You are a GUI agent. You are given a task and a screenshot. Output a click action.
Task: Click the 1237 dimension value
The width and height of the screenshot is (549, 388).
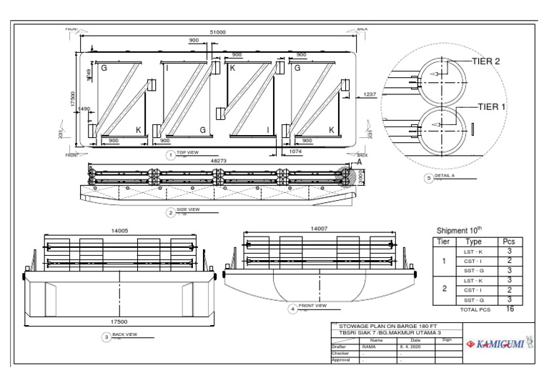pos(370,94)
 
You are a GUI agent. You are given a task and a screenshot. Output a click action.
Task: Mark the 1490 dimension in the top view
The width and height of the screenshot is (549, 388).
pos(84,109)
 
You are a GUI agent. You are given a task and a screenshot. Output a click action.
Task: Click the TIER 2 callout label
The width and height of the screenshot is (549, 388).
pos(486,61)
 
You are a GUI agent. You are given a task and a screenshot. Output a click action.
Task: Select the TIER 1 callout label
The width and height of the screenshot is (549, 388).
pos(492,106)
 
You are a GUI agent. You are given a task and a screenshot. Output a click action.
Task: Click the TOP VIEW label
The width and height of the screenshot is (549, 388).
pos(187,153)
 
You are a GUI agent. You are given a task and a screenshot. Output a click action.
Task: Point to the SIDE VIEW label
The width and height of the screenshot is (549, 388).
pos(187,209)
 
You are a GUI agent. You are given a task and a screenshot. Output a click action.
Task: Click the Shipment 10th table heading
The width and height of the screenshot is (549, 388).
pos(459,230)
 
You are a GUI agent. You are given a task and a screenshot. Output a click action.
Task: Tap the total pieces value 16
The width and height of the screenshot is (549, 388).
pos(509,309)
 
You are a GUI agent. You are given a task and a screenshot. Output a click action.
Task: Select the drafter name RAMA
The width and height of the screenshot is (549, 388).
pos(369,346)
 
